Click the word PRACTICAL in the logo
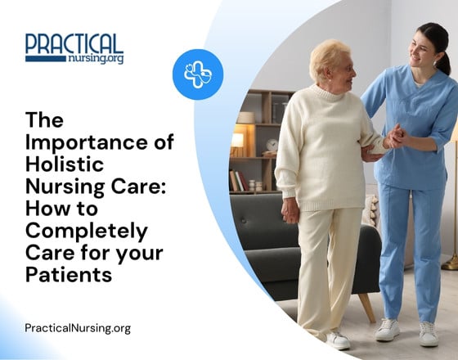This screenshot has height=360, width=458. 74,44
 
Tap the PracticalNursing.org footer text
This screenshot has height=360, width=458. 78,328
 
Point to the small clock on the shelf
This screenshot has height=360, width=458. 272,145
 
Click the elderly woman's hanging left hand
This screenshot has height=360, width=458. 290,211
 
